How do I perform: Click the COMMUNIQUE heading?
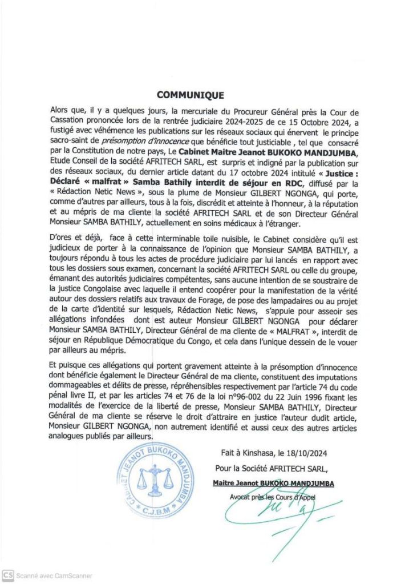(190, 95)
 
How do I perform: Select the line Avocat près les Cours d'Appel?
(273, 496)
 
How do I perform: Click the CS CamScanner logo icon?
(8, 575)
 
